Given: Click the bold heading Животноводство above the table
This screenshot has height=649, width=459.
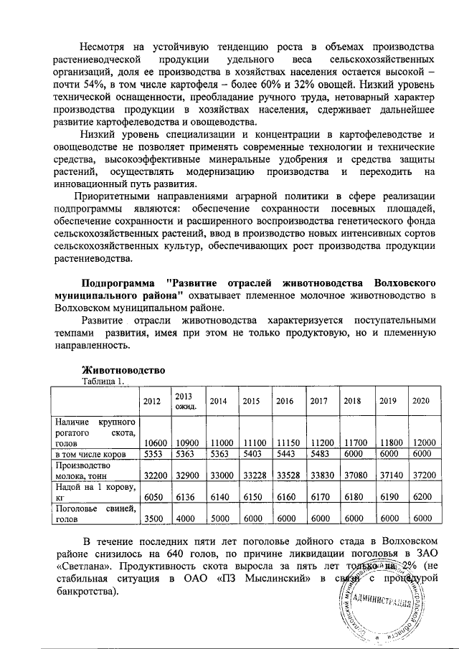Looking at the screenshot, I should tap(123, 370).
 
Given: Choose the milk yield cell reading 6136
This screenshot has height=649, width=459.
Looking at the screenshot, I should tap(185, 496).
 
